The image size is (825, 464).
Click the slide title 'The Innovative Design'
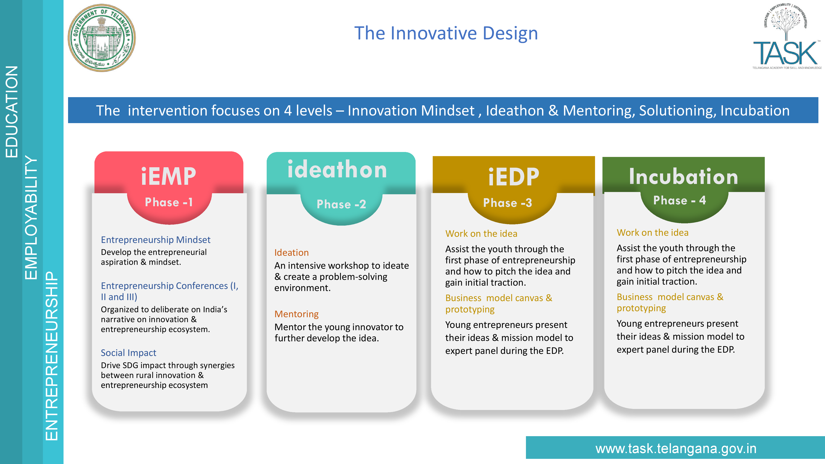446,33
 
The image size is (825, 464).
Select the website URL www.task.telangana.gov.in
676,448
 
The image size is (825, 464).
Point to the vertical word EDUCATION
12,111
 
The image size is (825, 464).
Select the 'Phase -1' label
169,202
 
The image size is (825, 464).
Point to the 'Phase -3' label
508,203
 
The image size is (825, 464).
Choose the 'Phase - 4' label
680,200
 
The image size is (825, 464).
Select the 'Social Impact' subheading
128,353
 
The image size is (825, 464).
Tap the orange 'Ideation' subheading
291,252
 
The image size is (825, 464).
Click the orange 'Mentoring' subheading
297,314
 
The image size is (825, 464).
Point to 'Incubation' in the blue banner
755,111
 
